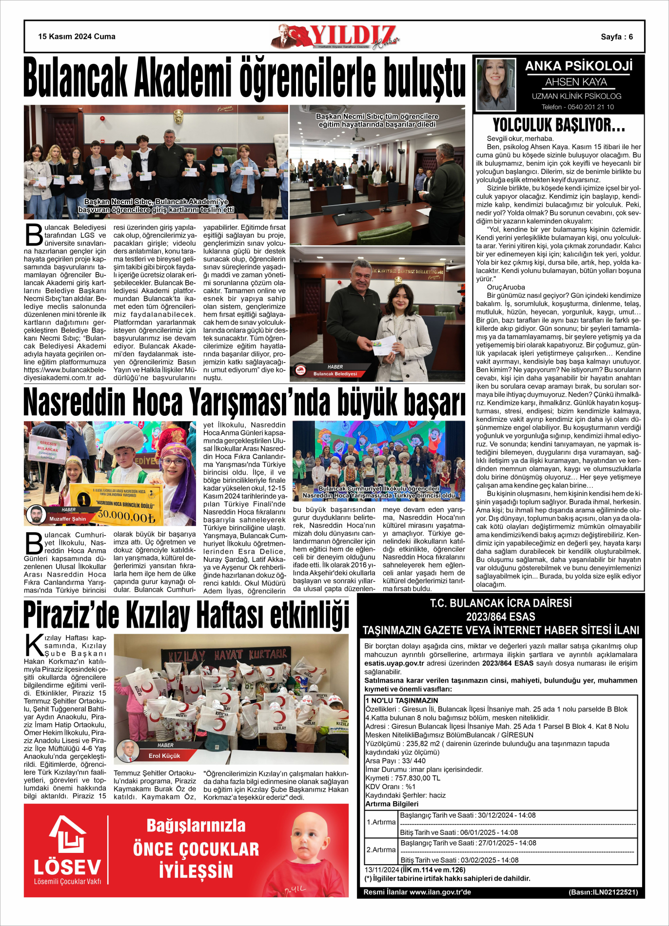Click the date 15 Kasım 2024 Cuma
coord(77,37)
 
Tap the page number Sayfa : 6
coord(616,37)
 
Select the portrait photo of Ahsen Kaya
coord(495,84)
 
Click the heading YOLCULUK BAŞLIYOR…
coord(559,126)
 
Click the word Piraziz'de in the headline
coord(72,616)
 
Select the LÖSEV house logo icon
coord(68,834)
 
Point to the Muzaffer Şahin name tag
coord(67,519)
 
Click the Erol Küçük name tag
coord(164,756)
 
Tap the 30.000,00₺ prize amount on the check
coord(127,516)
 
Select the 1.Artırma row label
coord(381,822)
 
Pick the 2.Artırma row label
coord(381,850)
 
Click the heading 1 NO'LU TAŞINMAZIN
coord(402,700)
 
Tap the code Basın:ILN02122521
coord(603,892)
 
